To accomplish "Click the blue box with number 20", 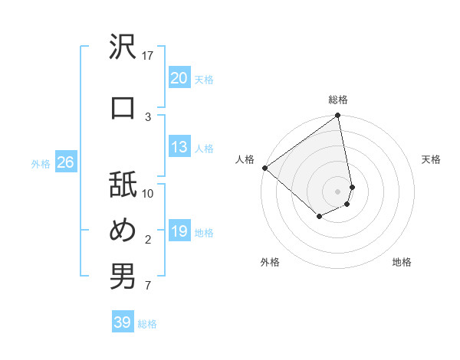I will (179, 78).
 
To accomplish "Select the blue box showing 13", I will (179, 148).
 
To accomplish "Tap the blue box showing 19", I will (179, 232).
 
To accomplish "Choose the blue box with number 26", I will (65, 162).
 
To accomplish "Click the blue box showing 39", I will (123, 322).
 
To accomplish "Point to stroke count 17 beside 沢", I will (148, 55).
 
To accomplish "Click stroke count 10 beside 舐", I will (148, 194).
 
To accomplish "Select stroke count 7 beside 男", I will (148, 286).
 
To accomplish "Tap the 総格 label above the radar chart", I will (338, 100).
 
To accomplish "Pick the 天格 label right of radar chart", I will (431, 159).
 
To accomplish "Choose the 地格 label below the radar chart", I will (402, 262).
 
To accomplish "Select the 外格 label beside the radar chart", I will (270, 262).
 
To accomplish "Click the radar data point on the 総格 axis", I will (338, 116).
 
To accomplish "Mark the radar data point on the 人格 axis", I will (264, 168).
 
